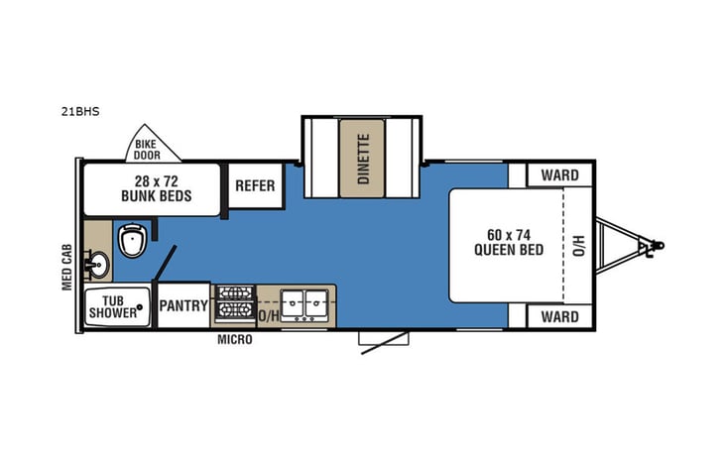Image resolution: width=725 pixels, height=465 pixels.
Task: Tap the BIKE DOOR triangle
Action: [x=152, y=150]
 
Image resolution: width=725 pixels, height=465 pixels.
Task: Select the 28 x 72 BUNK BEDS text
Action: [x=156, y=188]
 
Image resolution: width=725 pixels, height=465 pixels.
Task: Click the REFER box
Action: [x=254, y=184]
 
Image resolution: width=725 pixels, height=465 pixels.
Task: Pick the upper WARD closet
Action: [x=559, y=175]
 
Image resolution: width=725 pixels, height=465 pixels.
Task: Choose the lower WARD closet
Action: [x=559, y=317]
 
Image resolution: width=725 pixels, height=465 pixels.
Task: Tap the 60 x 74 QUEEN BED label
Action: [x=515, y=242]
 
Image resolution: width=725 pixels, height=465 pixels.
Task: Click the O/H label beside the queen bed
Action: [x=578, y=243]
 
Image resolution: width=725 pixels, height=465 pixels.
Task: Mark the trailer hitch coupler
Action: [x=650, y=244]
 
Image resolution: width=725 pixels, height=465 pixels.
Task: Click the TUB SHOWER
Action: [x=114, y=307]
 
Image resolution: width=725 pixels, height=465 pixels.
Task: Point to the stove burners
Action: [x=236, y=303]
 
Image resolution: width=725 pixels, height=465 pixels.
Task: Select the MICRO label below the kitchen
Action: [x=235, y=340]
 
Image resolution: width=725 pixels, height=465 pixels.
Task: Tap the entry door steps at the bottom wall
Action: [x=382, y=339]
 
